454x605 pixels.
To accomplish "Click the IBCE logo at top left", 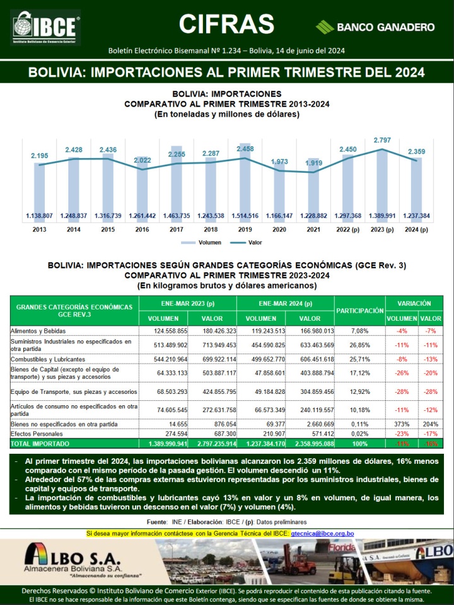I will [46, 27].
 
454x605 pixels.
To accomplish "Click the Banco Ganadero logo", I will [375, 27].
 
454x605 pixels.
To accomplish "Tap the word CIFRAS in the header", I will [226, 24].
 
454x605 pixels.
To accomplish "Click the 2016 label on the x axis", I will [143, 229].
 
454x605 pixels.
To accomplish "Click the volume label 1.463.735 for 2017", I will [177, 216].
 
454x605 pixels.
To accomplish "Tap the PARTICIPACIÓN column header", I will [359, 311].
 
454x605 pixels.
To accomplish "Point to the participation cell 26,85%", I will [359, 345].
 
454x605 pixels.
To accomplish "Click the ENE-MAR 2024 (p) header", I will [285, 304].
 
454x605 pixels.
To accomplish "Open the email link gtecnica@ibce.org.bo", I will [322, 534].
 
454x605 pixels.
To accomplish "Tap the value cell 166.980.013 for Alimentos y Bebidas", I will [310, 330].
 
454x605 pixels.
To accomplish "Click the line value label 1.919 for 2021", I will [313, 163].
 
